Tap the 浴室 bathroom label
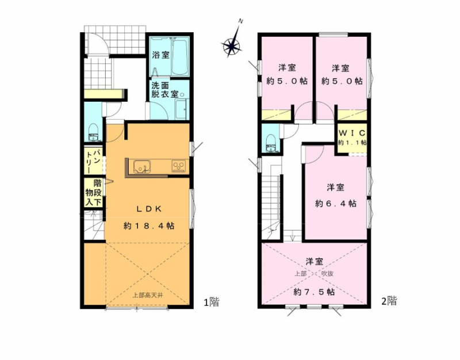coord(161,55)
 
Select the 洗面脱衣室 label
coord(164,90)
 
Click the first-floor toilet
coord(94,133)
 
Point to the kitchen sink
coord(142,167)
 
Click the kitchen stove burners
coord(178,166)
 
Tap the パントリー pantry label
coord(93,162)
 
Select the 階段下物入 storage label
coord(94,193)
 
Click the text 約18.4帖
coord(149,225)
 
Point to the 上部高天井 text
coord(148,295)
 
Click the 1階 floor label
coord(212,302)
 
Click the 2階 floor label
coord(389,301)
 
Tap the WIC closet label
coord(352,133)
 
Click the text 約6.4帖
coord(336,204)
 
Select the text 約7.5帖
coord(314,292)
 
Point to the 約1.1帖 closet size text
coord(352,143)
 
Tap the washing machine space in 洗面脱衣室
coord(181,109)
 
